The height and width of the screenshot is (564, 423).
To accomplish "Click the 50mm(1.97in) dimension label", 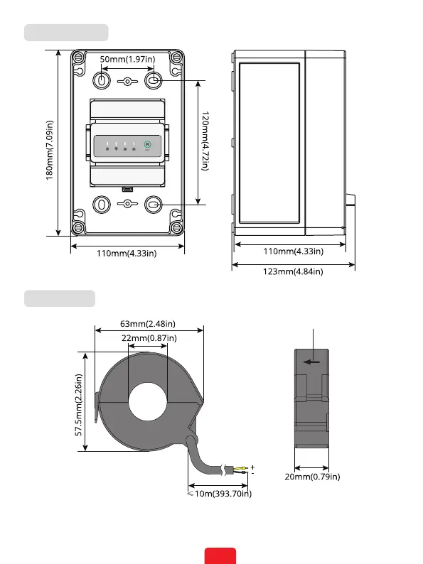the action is tap(127, 60).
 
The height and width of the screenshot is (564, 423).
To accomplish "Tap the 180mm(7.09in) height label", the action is tap(49, 150).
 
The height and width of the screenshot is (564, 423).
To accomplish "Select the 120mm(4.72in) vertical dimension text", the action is tap(205, 141).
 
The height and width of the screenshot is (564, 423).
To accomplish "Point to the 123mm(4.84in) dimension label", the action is tap(293, 271).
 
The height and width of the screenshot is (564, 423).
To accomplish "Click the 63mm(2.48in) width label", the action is tap(148, 324).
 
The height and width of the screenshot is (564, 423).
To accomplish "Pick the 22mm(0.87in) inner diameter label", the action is tap(149, 338).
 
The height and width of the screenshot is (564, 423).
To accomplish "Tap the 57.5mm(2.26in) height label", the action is tap(78, 405).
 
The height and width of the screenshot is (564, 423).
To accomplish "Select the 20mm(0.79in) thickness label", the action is tap(312, 477).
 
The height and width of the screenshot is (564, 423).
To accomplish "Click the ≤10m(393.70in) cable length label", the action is tap(220, 494).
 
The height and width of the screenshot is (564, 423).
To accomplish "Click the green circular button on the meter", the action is tap(147, 144).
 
